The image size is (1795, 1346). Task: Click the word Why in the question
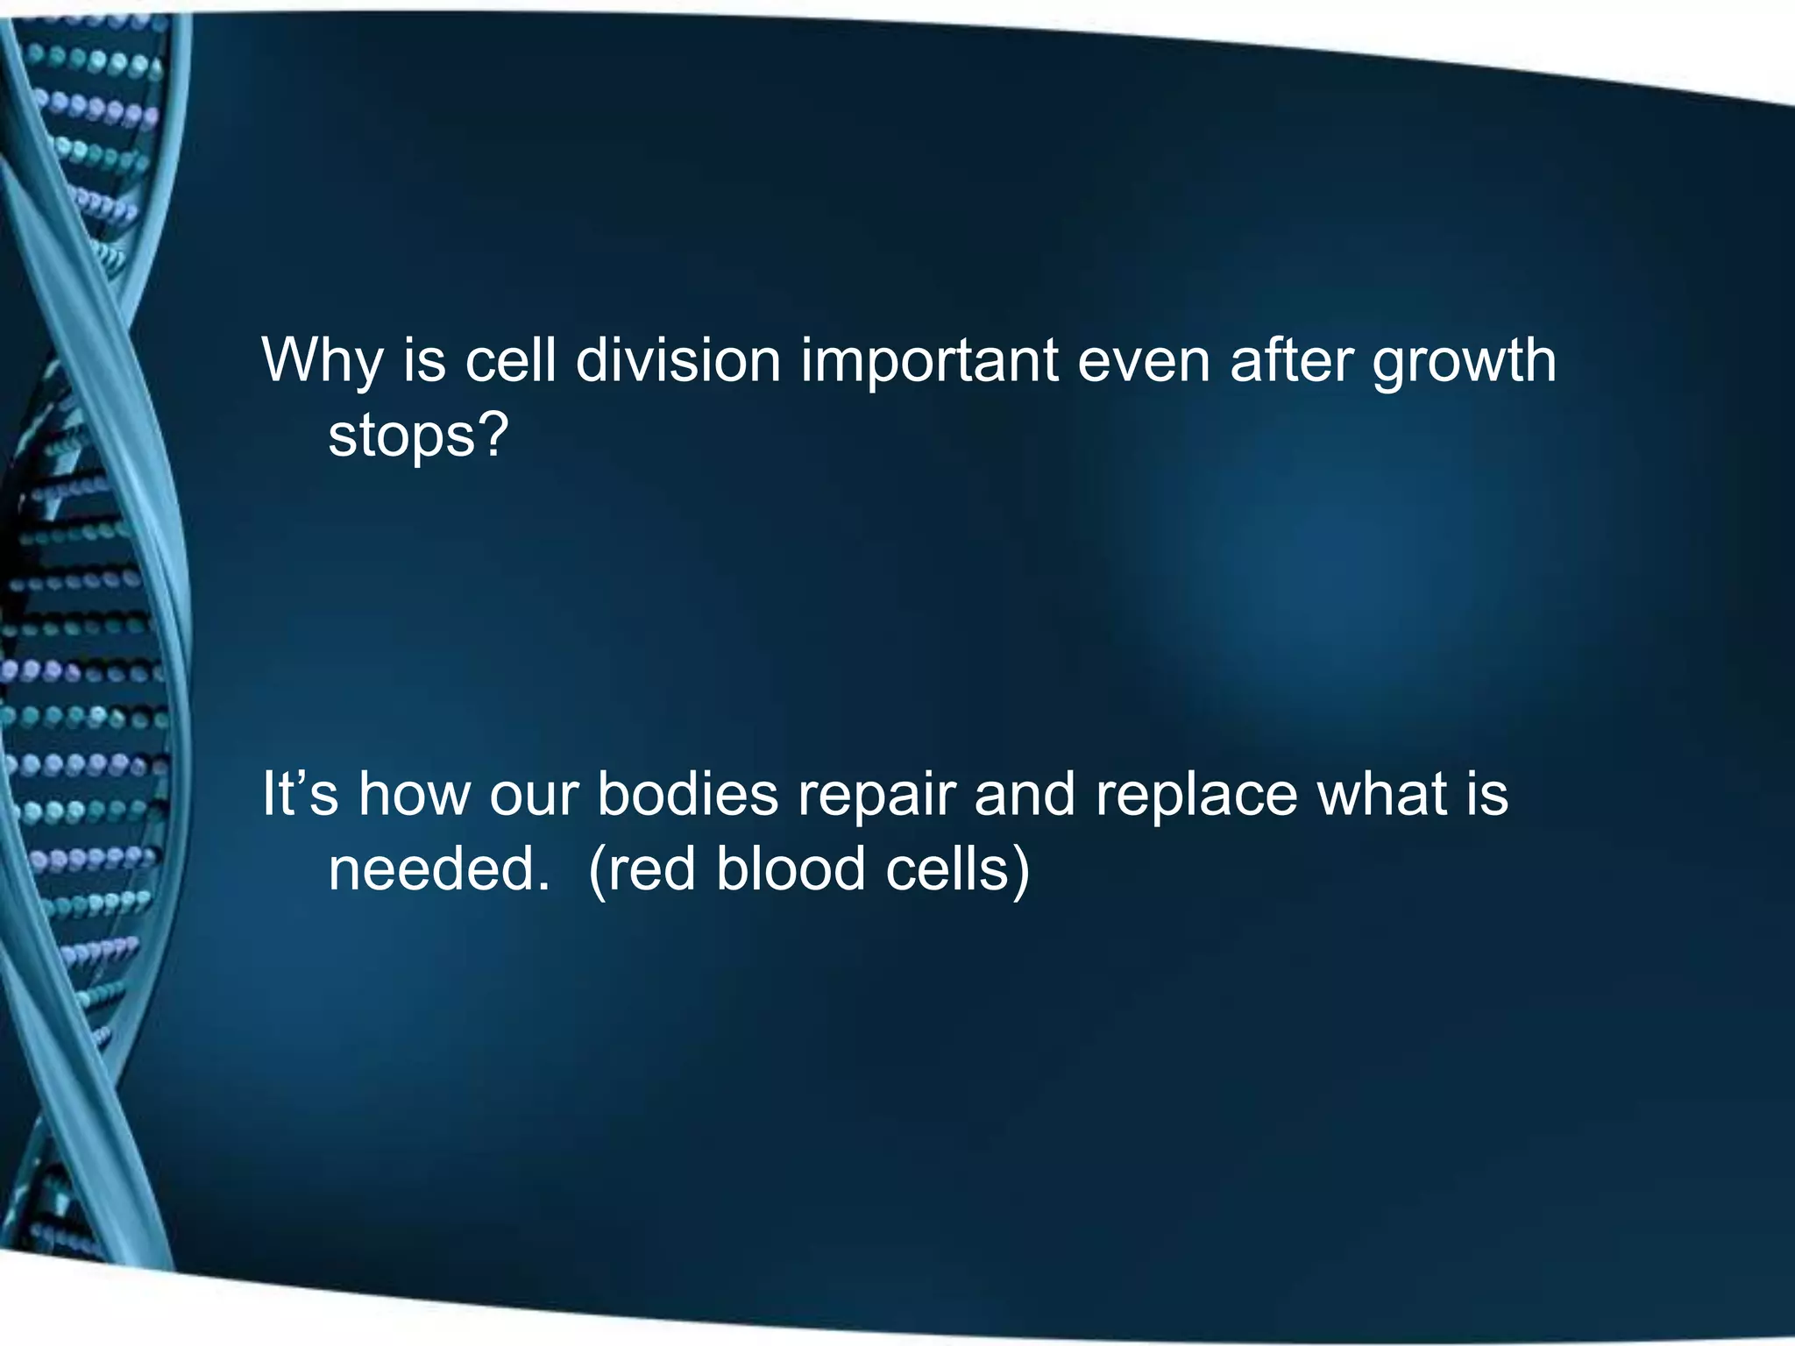322,361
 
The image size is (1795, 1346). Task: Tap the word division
678,359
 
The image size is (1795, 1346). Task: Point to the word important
929,361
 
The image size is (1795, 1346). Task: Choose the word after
1291,359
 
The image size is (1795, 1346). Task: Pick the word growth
1464,361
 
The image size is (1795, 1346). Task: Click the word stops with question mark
418,436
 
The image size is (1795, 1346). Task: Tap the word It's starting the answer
300,794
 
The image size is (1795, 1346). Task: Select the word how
414,794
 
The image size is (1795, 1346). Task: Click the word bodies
687,794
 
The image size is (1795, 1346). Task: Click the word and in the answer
1024,794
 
